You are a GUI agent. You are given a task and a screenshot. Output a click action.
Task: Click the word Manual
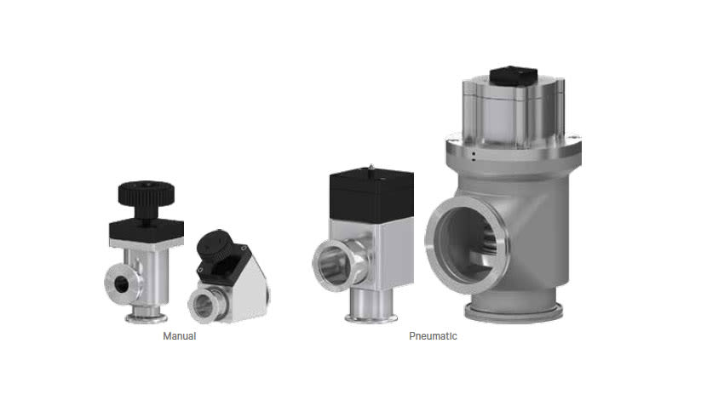(180, 336)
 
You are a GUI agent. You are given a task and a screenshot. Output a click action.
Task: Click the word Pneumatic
(433, 336)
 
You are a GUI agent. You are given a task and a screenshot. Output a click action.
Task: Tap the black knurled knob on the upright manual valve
(147, 194)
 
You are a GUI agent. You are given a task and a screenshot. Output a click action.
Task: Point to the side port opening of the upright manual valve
(121, 283)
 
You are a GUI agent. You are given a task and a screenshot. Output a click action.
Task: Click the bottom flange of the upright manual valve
(147, 318)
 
